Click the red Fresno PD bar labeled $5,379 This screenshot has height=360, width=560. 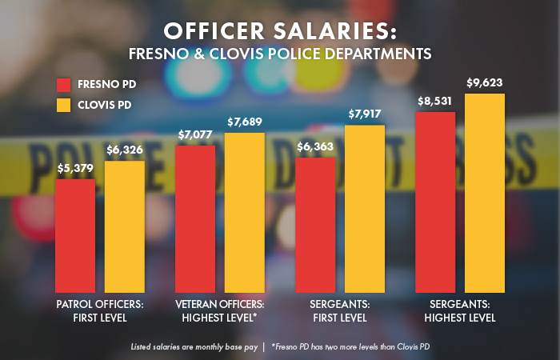pyautogui.click(x=74, y=235)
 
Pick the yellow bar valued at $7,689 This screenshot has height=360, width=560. pyautogui.click(x=244, y=212)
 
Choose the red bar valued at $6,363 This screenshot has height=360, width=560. pyautogui.click(x=315, y=225)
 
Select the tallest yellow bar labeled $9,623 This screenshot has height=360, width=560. pyautogui.click(x=485, y=193)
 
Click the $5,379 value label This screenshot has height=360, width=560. pyautogui.click(x=74, y=169)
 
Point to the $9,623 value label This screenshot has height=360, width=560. pyautogui.click(x=485, y=83)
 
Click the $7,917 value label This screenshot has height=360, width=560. pyautogui.click(x=365, y=114)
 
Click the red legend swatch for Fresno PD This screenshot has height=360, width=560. pyautogui.click(x=64, y=84)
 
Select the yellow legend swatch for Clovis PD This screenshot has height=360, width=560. pyautogui.click(x=64, y=105)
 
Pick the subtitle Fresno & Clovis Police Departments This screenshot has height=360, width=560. pyautogui.click(x=280, y=55)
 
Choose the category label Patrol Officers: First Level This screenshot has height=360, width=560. pyautogui.click(x=99, y=310)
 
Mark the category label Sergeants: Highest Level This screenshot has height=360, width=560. pyautogui.click(x=461, y=310)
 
